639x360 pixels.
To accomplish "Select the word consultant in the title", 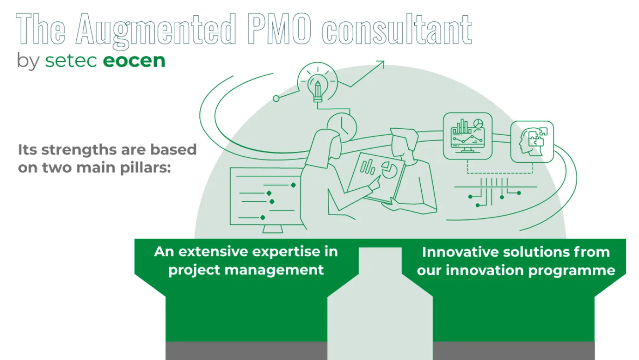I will [397, 30].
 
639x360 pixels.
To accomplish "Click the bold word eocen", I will [134, 61].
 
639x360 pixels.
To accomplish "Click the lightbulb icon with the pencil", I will [318, 86].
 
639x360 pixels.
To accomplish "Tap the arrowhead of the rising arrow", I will [381, 64].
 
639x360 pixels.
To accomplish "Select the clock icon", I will [342, 125].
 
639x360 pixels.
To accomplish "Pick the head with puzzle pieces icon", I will [532, 142].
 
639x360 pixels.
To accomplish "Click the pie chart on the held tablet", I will [387, 170].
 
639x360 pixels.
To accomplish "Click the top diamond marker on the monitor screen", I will [293, 185].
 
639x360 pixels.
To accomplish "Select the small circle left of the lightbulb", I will [276, 99].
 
